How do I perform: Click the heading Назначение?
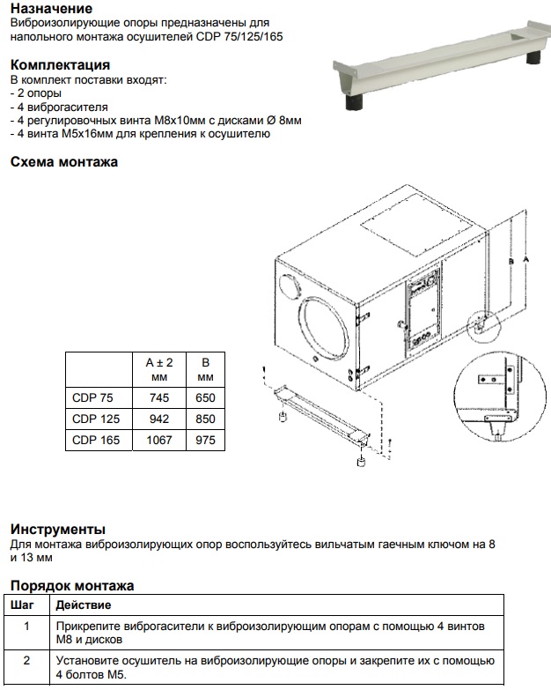pyautogui.click(x=51, y=8)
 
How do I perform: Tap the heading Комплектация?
pyautogui.click(x=60, y=65)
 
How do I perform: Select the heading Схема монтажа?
pyautogui.click(x=63, y=162)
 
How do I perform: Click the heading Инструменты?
pyautogui.click(x=58, y=529)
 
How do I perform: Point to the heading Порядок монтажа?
pyautogui.click(x=72, y=585)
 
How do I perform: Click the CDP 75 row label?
pyautogui.click(x=88, y=397)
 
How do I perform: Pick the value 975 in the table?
pyautogui.click(x=205, y=440)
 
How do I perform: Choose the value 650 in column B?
pyautogui.click(x=205, y=397)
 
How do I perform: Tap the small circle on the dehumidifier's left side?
pyautogui.click(x=288, y=287)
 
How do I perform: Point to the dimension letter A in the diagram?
pyautogui.click(x=525, y=260)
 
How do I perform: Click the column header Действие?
pyautogui.click(x=84, y=605)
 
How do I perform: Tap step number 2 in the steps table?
pyautogui.click(x=26, y=660)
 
